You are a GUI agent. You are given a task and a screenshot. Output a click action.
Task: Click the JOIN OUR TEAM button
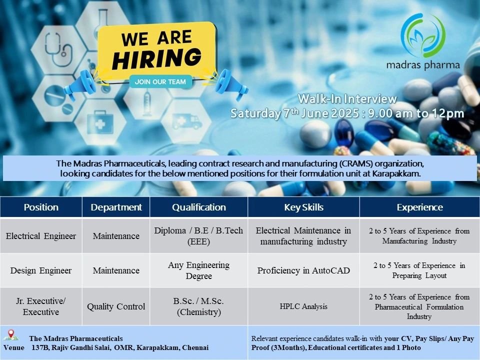pos(160,81)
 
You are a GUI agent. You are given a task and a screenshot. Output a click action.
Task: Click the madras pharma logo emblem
pos(423,35)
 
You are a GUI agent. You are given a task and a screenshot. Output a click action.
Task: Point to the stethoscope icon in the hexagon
pos(58,49)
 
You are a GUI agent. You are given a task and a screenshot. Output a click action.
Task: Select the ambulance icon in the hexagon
pos(186,121)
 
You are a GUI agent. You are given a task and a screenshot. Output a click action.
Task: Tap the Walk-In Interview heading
pos(347,98)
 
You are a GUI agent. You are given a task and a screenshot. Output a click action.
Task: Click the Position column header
pos(41,207)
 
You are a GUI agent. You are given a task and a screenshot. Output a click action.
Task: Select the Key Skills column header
pos(303,207)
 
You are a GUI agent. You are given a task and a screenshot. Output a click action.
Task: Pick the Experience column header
pos(419,207)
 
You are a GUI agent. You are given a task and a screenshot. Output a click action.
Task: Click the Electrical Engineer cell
pos(41,235)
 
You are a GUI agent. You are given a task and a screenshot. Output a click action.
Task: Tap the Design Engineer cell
pos(41,270)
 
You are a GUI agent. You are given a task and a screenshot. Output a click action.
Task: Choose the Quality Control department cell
pos(116,306)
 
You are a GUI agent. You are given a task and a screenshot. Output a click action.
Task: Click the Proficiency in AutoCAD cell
pos(303,270)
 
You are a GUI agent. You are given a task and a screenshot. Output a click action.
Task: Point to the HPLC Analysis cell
pos(303,306)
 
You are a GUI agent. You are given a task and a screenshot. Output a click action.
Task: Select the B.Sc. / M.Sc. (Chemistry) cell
pos(198,306)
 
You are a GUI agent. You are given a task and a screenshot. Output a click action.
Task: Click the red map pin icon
pos(11,333)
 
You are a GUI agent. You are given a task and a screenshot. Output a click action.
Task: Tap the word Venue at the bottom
pos(14,348)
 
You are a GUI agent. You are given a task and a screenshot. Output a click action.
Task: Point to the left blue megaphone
pos(79,84)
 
